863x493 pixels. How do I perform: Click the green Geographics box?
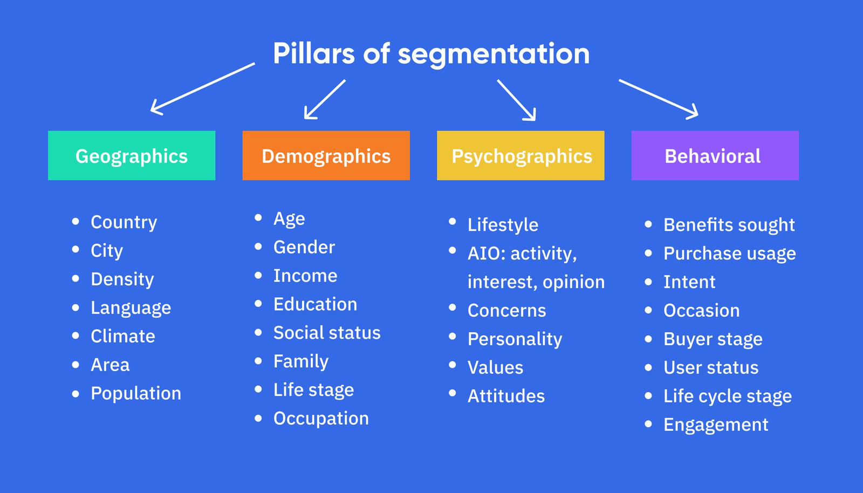132,155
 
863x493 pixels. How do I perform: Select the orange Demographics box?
326,155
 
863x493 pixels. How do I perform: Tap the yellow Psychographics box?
520,155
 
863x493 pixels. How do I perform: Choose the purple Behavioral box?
715,155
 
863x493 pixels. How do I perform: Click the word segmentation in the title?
494,54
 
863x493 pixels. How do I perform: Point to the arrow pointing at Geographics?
202,88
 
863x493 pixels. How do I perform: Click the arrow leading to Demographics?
325,99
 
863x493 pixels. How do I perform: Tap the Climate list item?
122,336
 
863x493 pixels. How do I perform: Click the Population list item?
135,393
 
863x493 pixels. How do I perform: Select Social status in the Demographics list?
327,333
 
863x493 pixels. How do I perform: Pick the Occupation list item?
321,419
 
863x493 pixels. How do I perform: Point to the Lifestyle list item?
503,224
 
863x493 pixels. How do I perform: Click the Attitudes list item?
506,396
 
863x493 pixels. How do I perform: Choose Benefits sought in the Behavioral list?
729,224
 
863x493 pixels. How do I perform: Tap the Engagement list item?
716,424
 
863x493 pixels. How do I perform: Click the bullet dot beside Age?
258,218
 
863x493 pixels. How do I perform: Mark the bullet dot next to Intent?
648,282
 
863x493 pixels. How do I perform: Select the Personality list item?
515,339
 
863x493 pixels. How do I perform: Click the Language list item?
131,307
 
